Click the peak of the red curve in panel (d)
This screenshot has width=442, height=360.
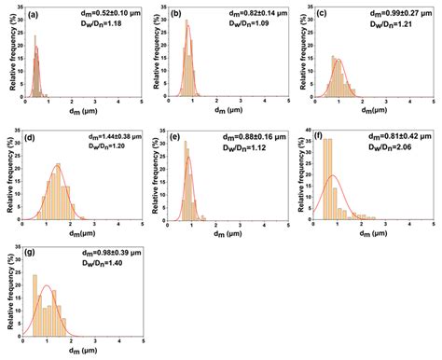pyautogui.click(x=58, y=166)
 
